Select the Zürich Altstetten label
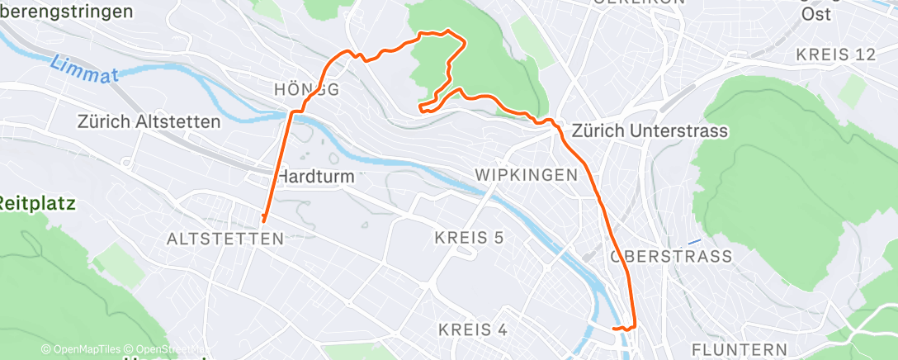(149, 122)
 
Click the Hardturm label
(315, 176)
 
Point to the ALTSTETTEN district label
(225, 239)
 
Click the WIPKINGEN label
(525, 175)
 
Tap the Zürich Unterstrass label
(650, 131)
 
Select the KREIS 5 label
(469, 239)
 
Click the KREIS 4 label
(473, 329)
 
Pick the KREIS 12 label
(835, 55)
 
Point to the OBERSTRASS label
(670, 257)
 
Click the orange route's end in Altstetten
(263, 220)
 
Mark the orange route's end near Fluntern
(614, 329)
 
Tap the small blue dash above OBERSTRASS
(694, 240)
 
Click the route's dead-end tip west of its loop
(420, 108)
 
